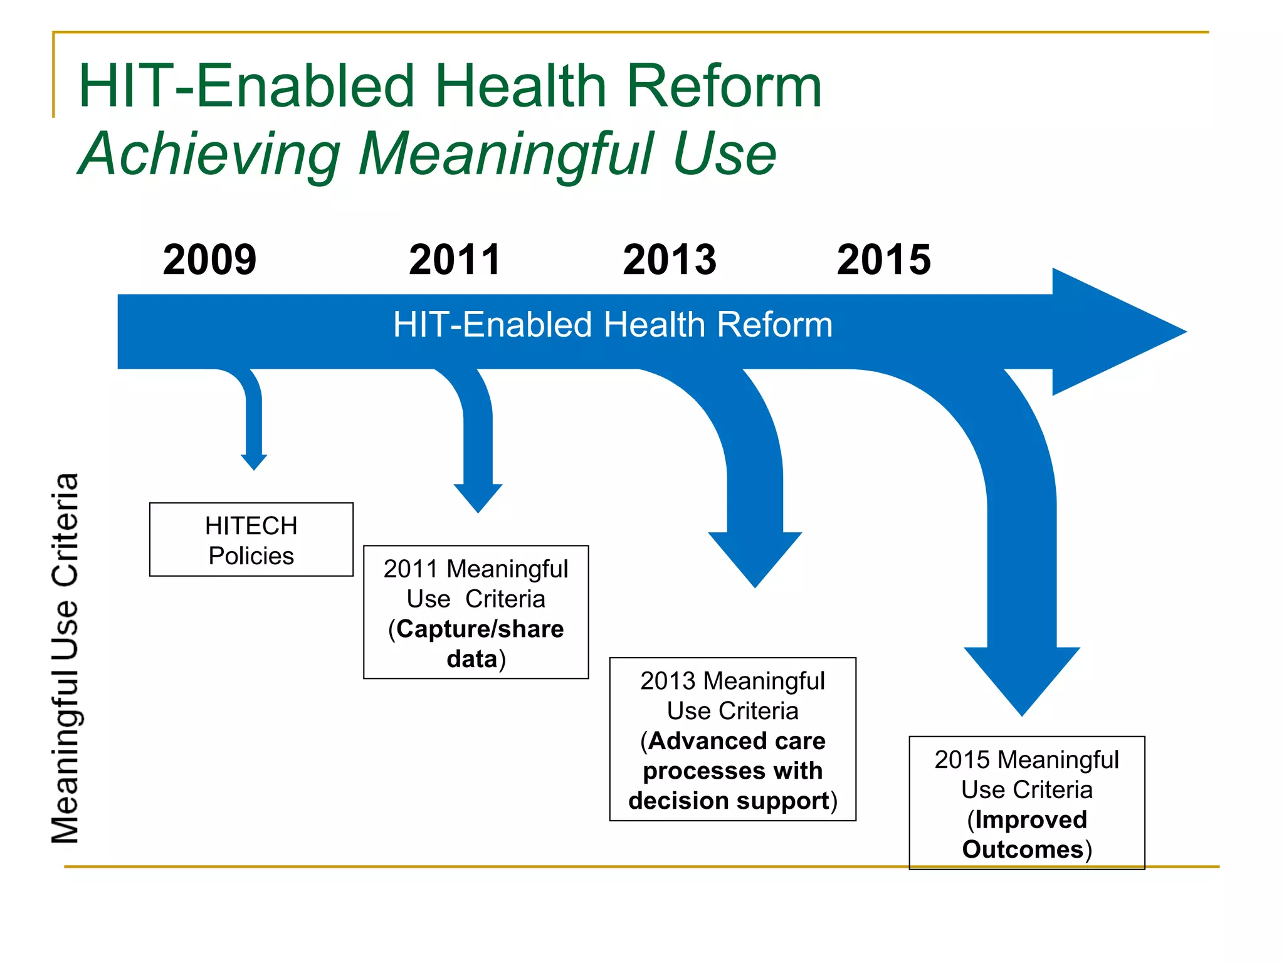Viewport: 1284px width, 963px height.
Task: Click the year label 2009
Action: [209, 260]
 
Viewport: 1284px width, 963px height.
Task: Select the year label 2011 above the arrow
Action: [455, 260]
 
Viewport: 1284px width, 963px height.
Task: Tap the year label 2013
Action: [670, 260]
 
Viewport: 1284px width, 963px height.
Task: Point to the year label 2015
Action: [884, 260]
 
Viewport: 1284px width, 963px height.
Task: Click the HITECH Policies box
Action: [251, 540]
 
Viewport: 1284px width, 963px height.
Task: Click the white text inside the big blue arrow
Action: [613, 325]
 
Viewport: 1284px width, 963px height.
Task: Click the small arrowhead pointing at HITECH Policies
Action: [254, 462]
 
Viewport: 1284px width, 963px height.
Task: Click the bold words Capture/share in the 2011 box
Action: [480, 629]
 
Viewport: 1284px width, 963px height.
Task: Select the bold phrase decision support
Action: [729, 801]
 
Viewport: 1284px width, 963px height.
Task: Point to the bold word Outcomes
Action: [1022, 850]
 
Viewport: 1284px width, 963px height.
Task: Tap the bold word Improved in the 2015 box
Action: [1031, 819]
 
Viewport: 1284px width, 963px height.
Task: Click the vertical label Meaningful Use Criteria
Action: [65, 658]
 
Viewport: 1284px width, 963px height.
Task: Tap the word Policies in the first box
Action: [251, 556]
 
